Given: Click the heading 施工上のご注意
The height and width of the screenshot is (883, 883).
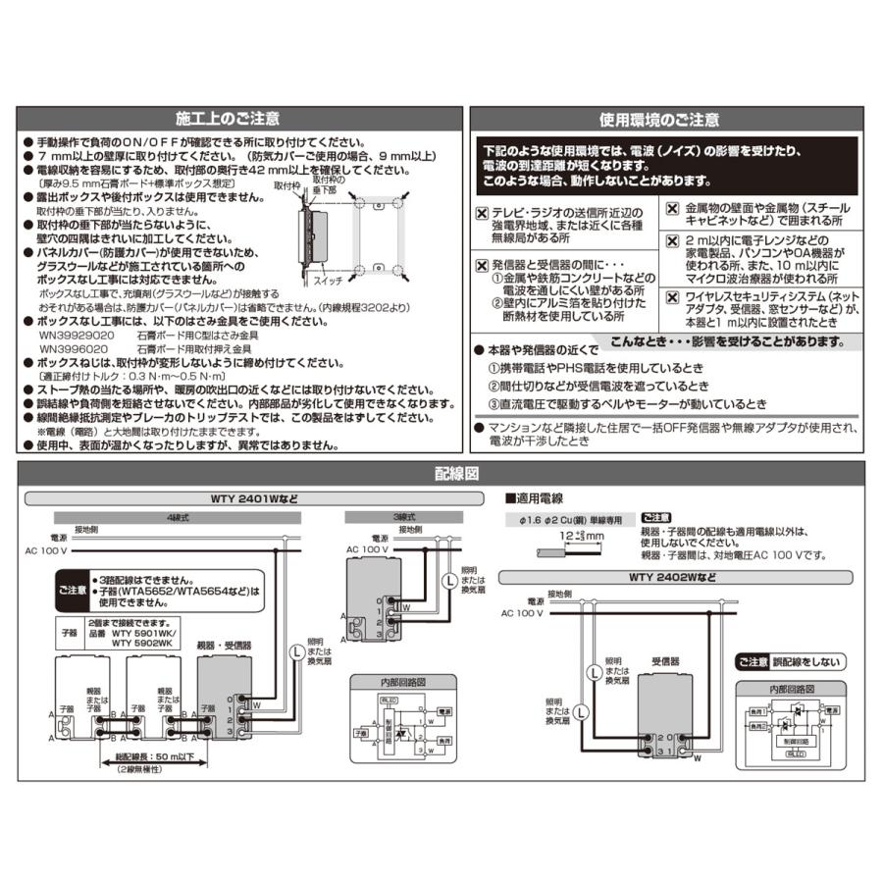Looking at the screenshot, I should (x=227, y=119).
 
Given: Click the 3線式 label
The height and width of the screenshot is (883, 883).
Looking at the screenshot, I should (x=376, y=517).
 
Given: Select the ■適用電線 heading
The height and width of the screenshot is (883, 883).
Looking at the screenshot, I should (x=536, y=499).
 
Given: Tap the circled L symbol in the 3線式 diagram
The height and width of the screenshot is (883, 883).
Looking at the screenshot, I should (x=449, y=578).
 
